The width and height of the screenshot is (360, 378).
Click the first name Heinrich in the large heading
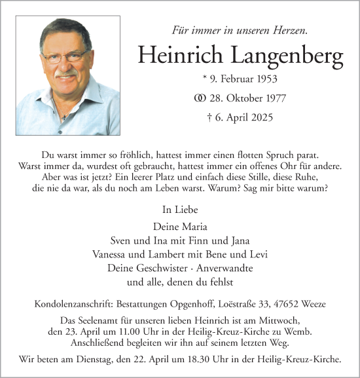tap(175, 56)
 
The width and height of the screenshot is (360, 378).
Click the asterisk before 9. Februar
tap(206, 79)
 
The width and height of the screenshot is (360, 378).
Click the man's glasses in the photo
tap(67, 57)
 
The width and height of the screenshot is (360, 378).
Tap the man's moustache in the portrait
tap(66, 73)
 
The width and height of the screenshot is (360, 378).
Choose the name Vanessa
tap(130, 254)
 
